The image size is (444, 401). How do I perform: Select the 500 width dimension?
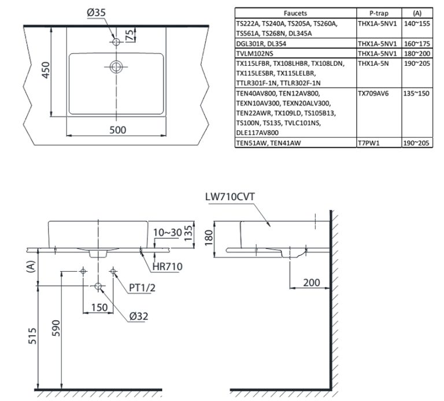pyautogui.click(x=117, y=130)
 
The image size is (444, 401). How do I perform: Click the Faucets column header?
pyautogui.click(x=295, y=13)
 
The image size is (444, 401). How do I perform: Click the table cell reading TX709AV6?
pyautogui.click(x=373, y=93)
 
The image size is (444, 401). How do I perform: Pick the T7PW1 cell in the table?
pyautogui.click(x=368, y=143)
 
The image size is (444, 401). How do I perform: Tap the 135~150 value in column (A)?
pyautogui.click(x=416, y=93)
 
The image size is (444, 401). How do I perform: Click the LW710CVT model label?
pyautogui.click(x=229, y=196)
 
